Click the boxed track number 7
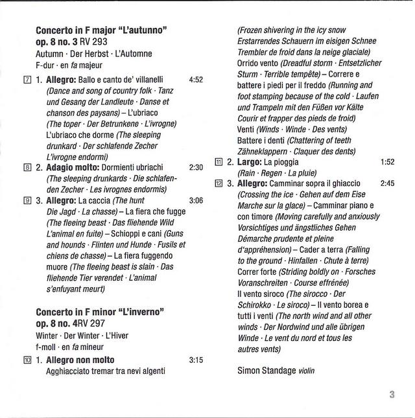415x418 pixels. (x=27, y=80)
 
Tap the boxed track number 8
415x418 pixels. (x=27, y=167)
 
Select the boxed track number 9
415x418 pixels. (x=27, y=200)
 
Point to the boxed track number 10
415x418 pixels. (x=27, y=360)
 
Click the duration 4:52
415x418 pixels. (x=196, y=80)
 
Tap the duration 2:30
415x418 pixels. (x=196, y=167)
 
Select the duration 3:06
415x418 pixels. (x=196, y=200)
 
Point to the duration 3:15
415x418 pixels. (x=196, y=360)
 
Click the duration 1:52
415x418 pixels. (x=388, y=162)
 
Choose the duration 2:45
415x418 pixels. (x=388, y=183)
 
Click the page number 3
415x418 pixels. (x=392, y=394)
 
